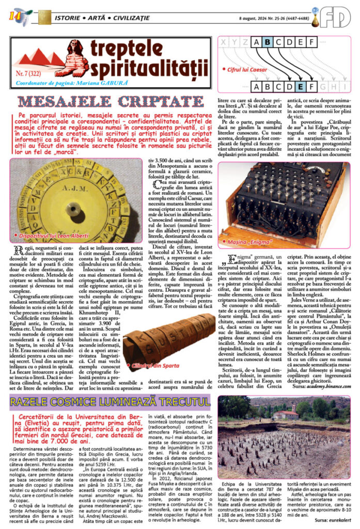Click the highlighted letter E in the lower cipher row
pyautogui.click(x=301, y=86)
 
